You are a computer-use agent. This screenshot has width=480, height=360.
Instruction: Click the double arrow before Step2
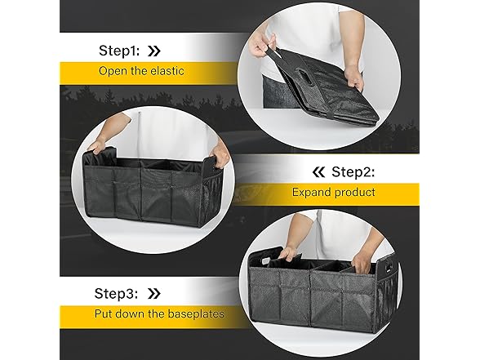click(318, 172)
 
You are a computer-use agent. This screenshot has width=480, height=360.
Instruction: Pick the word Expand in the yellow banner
click(312, 193)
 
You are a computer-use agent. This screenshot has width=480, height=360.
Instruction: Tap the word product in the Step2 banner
click(354, 193)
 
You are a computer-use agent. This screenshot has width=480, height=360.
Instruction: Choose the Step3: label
click(118, 293)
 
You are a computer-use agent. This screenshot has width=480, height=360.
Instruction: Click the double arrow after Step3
click(154, 293)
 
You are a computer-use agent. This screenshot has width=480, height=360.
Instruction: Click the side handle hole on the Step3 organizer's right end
click(388, 266)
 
